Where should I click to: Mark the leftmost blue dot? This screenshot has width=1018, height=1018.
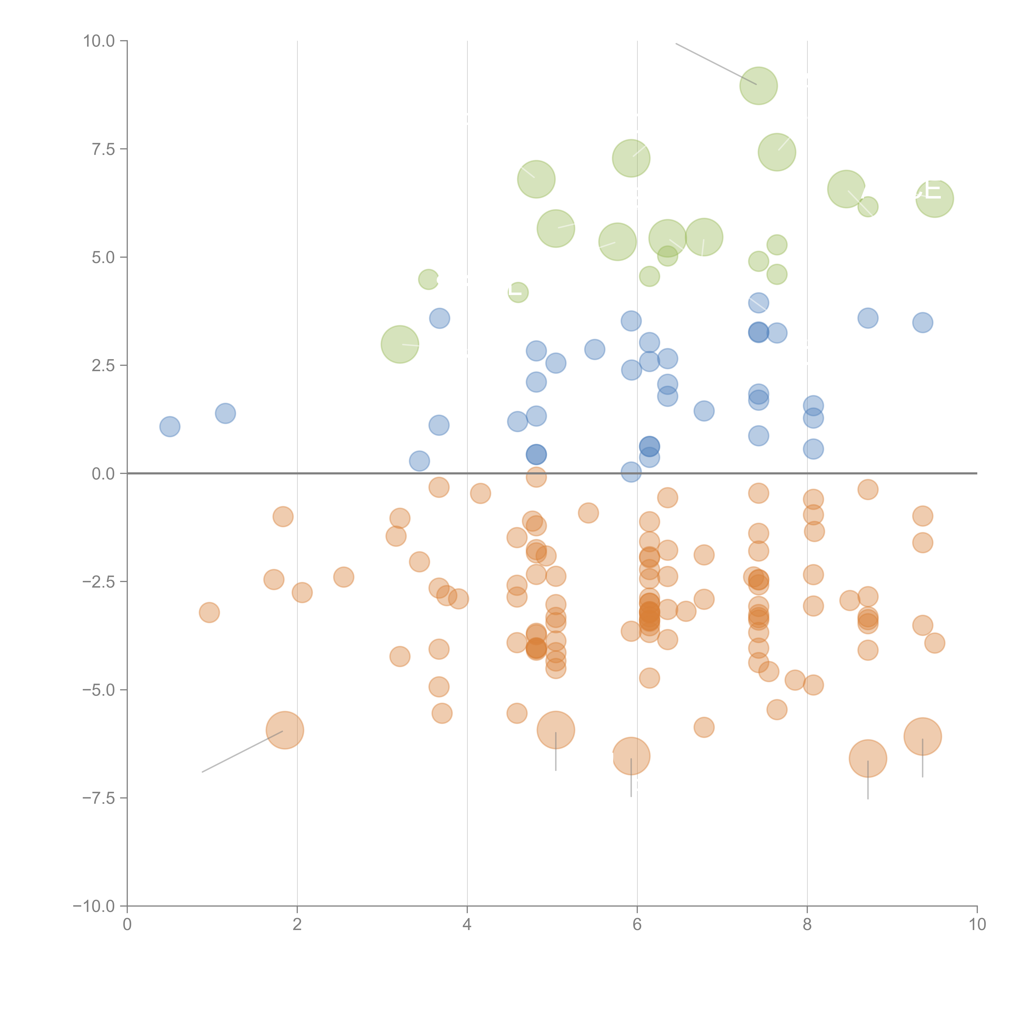[170, 426]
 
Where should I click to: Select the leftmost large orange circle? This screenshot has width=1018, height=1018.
[285, 730]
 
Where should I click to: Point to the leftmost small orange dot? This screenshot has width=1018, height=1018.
[209, 612]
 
